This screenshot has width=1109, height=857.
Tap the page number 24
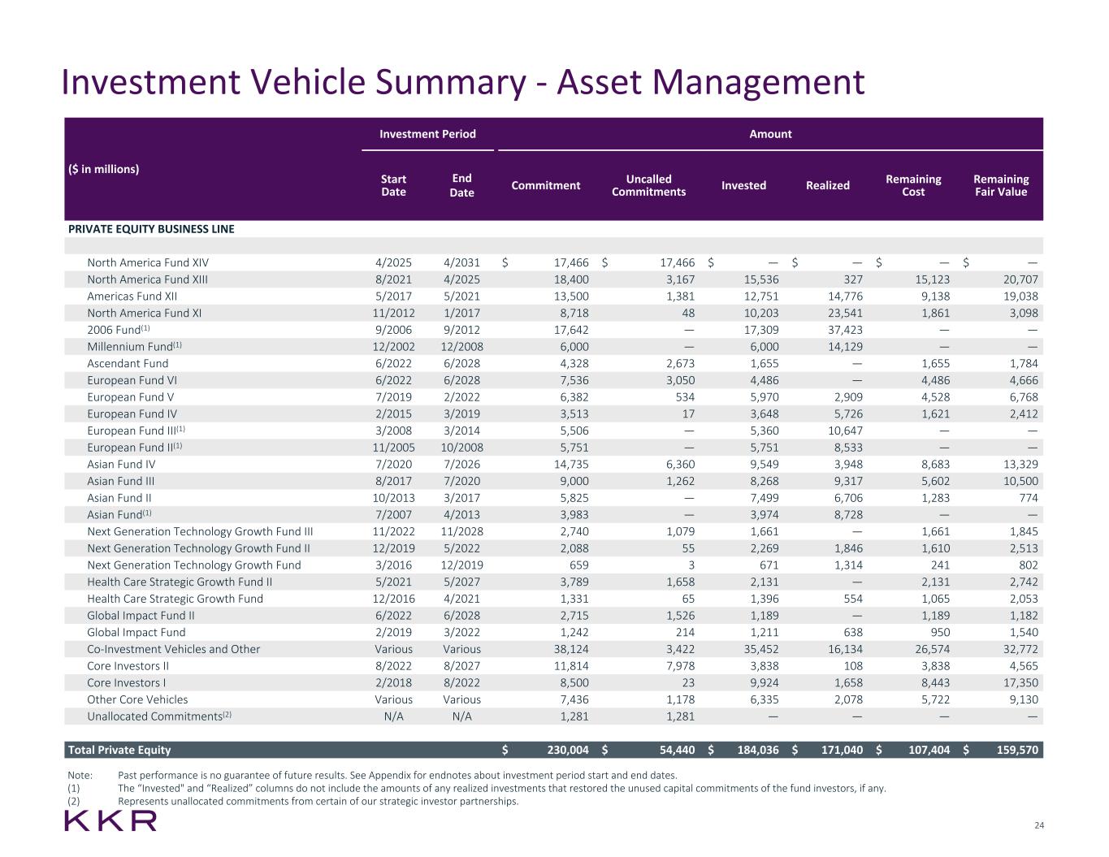[x=1038, y=825]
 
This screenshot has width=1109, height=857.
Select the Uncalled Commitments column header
[x=648, y=185]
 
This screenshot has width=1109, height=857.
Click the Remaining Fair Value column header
[x=1000, y=185]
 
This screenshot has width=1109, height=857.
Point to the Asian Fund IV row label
[x=121, y=465]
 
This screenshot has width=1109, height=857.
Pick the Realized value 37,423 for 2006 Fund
[x=843, y=330]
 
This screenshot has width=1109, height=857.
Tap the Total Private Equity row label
[x=119, y=750]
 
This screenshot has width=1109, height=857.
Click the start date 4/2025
[x=393, y=262]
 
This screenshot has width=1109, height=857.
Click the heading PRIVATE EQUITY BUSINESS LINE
[x=151, y=229]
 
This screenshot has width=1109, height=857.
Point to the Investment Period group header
[x=427, y=134]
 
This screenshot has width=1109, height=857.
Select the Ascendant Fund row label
[x=128, y=363]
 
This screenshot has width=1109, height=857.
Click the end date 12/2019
[x=461, y=565]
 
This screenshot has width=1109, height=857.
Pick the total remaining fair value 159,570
[x=1016, y=750]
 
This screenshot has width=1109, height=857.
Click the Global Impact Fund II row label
[x=141, y=616]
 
